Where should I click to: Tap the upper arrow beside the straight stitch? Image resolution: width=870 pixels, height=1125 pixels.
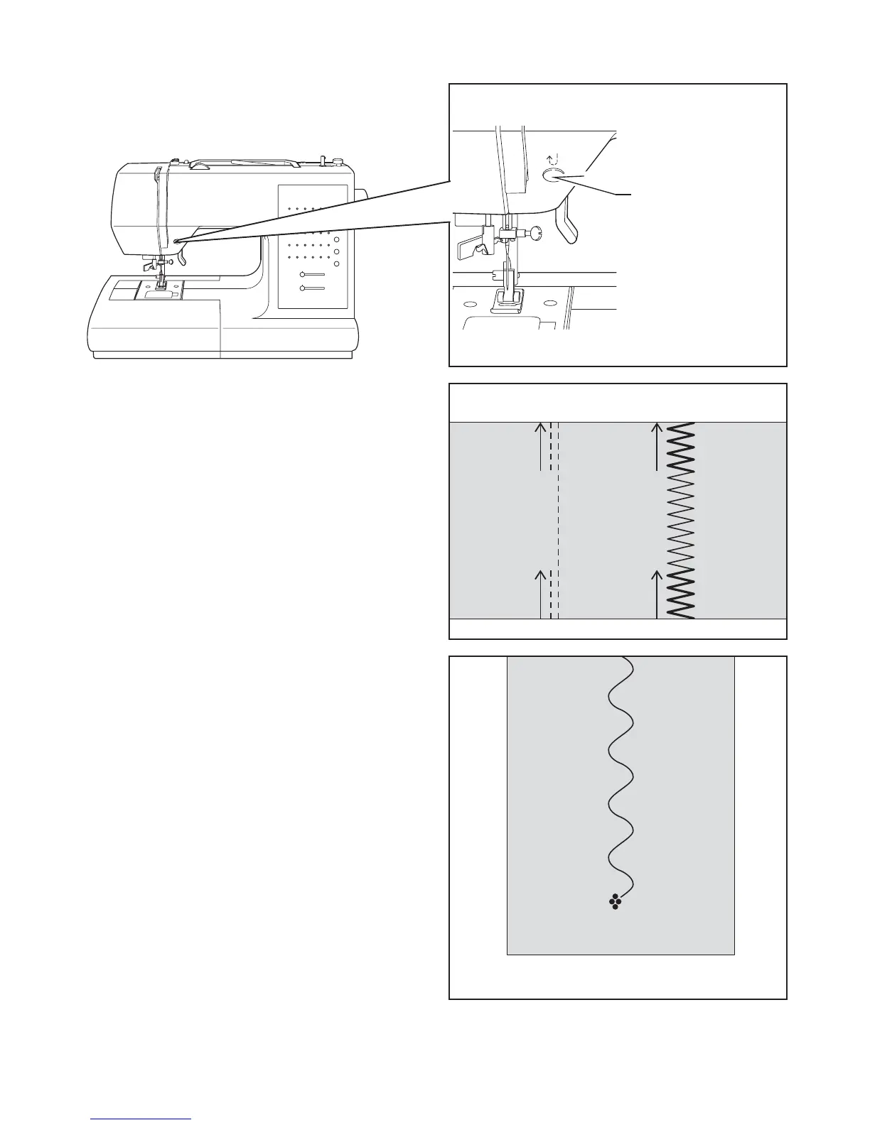click(x=541, y=446)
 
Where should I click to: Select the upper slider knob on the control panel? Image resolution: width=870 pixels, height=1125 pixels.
click(x=304, y=274)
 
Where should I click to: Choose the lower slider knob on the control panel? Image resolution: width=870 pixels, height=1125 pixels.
click(x=304, y=288)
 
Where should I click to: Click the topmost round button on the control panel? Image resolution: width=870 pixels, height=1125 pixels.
click(x=336, y=241)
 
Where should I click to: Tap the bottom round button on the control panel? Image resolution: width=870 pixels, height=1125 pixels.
click(x=336, y=263)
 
